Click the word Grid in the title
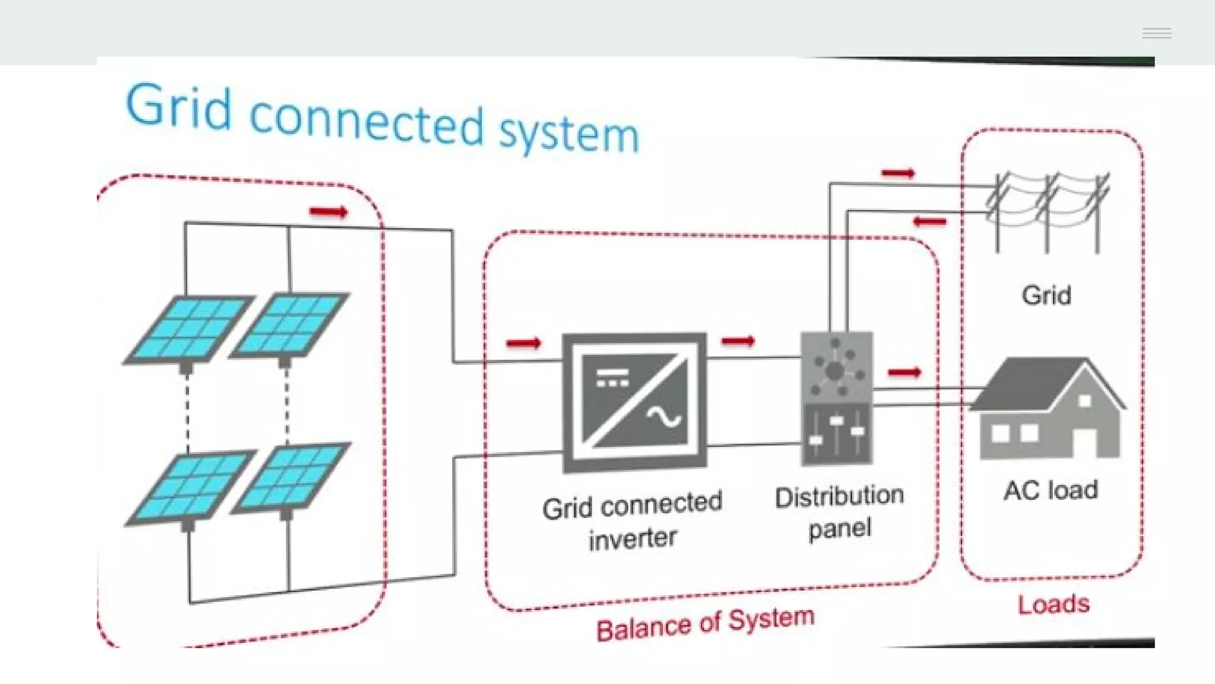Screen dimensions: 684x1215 (x=178, y=107)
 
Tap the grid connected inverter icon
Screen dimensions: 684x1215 (x=634, y=403)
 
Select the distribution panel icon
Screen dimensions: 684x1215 (x=836, y=398)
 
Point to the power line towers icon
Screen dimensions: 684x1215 (x=1047, y=211)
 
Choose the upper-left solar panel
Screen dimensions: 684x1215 (x=189, y=328)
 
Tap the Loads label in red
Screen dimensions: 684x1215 (x=1054, y=604)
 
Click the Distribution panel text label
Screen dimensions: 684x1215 (x=839, y=512)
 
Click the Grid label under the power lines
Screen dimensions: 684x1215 (x=1047, y=295)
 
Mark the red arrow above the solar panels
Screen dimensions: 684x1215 (x=328, y=212)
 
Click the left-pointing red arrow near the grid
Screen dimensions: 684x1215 (x=930, y=222)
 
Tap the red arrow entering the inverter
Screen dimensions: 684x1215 (x=523, y=343)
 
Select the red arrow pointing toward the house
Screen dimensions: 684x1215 (x=904, y=372)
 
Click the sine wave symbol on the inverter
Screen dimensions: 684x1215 (x=664, y=418)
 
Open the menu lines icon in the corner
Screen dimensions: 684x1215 (x=1157, y=33)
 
